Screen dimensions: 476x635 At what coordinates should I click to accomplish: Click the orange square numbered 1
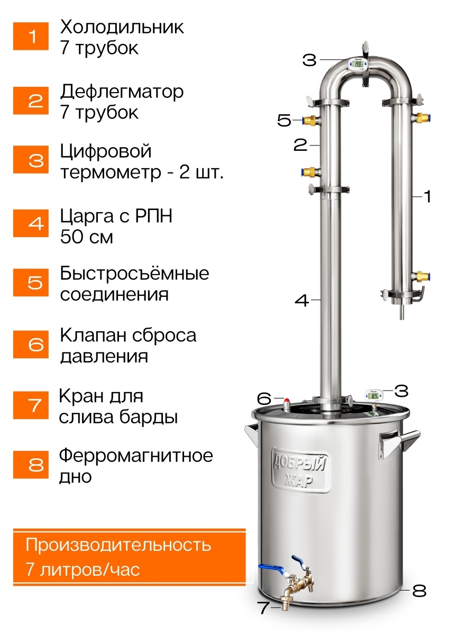click(31, 36)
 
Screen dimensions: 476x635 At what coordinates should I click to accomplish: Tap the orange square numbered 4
click(31, 223)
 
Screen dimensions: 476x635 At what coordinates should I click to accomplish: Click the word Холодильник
click(122, 28)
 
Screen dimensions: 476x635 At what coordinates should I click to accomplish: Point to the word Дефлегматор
click(122, 93)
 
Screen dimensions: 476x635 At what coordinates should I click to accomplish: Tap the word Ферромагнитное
click(136, 456)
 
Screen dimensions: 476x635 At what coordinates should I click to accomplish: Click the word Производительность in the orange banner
click(118, 545)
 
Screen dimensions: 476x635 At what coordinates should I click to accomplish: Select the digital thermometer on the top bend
click(359, 64)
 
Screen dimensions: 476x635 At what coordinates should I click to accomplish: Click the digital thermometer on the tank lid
click(374, 395)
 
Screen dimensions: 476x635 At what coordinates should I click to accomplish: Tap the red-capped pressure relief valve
click(287, 404)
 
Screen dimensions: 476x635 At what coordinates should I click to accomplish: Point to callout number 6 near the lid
click(264, 399)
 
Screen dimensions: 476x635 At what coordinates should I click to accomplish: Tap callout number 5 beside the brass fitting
click(284, 120)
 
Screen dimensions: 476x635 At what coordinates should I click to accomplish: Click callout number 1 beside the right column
click(427, 197)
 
